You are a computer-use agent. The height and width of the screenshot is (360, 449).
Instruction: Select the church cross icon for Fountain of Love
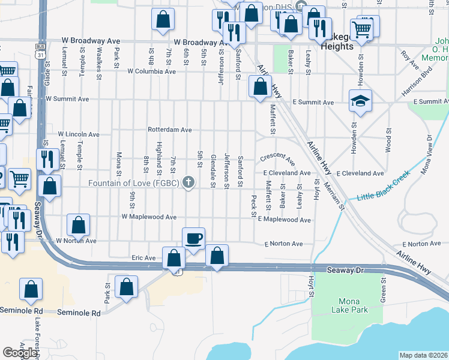(189, 182)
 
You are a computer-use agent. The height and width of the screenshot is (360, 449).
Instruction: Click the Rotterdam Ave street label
(170, 130)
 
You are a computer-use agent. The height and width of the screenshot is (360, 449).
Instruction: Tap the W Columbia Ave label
(151, 71)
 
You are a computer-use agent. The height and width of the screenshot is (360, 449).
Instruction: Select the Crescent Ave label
(278, 160)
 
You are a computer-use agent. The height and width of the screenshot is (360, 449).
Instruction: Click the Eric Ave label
(143, 257)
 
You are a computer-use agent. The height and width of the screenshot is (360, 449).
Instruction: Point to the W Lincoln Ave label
(79, 134)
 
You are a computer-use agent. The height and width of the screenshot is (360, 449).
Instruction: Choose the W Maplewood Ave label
(149, 216)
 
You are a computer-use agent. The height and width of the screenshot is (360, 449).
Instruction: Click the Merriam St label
(334, 197)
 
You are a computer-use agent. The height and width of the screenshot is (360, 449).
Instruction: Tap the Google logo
(20, 353)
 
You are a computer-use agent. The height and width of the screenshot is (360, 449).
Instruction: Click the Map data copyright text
(423, 355)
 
